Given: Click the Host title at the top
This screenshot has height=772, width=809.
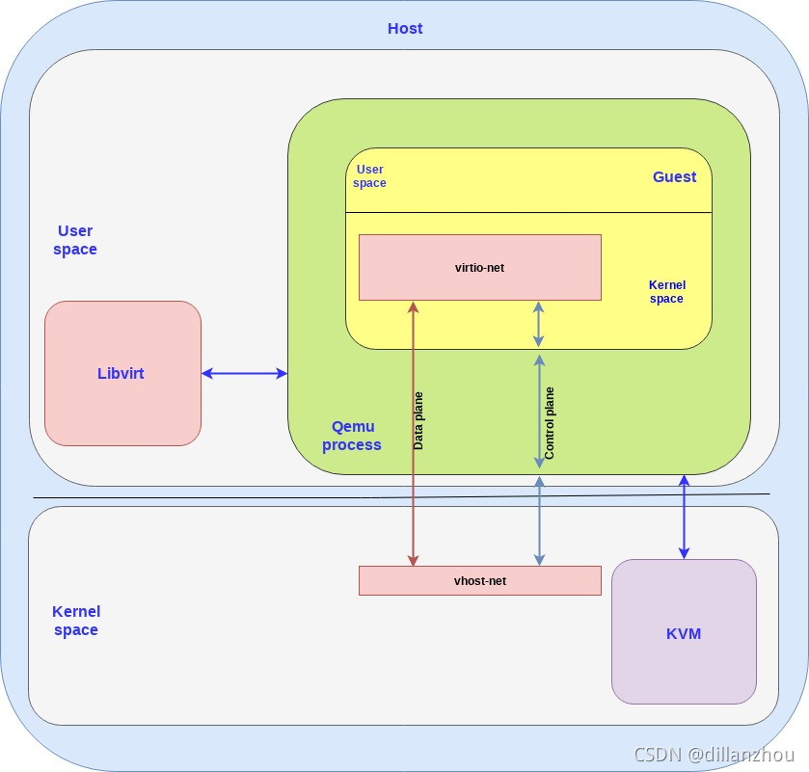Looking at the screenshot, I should tap(405, 28).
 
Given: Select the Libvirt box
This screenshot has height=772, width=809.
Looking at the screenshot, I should tap(122, 373).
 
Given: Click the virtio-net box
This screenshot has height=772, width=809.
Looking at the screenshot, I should tap(479, 267).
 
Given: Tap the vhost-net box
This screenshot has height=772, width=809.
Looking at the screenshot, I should tap(479, 580).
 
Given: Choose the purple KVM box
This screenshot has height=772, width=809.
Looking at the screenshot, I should tap(683, 632).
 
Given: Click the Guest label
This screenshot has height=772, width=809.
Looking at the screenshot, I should tap(674, 176).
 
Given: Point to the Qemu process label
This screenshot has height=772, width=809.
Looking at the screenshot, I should tap(352, 436).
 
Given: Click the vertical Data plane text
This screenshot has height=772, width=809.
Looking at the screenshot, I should tap(418, 420).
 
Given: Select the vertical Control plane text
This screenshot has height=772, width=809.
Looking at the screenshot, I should tap(550, 422).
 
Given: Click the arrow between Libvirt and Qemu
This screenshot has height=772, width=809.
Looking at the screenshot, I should tap(244, 373).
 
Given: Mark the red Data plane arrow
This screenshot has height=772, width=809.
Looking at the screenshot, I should tap(413, 482).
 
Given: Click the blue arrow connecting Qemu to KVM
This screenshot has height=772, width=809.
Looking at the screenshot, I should tap(684, 517).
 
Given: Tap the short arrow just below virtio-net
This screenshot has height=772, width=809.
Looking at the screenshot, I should tap(539, 324).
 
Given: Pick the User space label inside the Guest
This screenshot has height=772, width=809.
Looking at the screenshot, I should tap(369, 176).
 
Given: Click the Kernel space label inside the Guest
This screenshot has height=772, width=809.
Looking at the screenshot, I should tap(666, 292).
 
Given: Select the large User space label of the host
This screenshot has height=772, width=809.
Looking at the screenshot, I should tap(75, 240).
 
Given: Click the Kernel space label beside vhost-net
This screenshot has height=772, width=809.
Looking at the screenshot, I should tap(76, 621).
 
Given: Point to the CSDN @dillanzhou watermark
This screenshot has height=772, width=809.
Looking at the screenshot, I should tap(705, 755).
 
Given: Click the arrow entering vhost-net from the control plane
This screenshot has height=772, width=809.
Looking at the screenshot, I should tap(539, 520).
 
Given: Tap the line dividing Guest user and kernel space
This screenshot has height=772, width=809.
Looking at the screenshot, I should tap(528, 213).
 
